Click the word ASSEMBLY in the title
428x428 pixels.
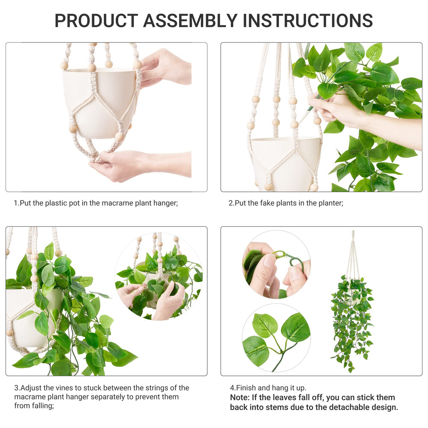pyautogui.click(x=190, y=21)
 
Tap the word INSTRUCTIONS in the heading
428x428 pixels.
pyautogui.click(x=308, y=21)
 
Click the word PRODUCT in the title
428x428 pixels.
pyautogui.click(x=96, y=21)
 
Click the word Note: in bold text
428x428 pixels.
pyautogui.click(x=240, y=398)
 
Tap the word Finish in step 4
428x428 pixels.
pyautogui.click(x=246, y=388)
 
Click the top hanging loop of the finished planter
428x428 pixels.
pyautogui.click(x=353, y=235)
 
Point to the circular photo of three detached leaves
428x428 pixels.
pyautogui.click(x=276, y=338)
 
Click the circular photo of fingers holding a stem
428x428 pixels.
pyautogui.click(x=276, y=264)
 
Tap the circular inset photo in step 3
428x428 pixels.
pyautogui.click(x=159, y=276)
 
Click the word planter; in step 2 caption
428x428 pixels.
pyautogui.click(x=330, y=203)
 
